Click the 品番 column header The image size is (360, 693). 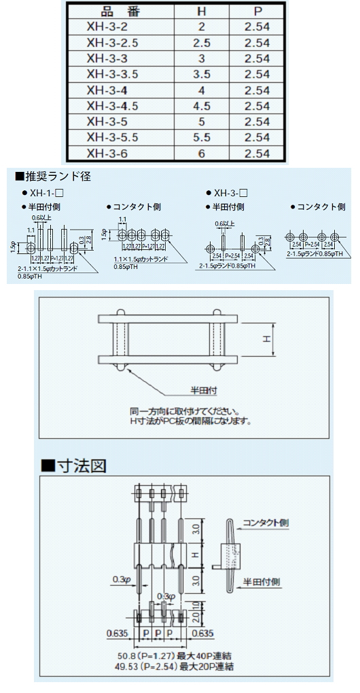118,12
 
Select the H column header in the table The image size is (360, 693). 201,12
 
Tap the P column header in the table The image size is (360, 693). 257,12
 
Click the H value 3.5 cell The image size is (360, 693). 201,74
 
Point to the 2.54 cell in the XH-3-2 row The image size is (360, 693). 257,27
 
